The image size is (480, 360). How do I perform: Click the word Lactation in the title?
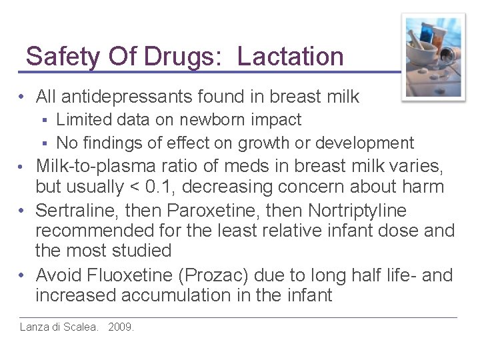[x=290, y=57]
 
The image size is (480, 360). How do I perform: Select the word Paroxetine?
[x=213, y=211]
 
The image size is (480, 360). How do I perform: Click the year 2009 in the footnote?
[x=120, y=327]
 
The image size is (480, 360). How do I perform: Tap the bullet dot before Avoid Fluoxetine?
[x=22, y=275]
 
